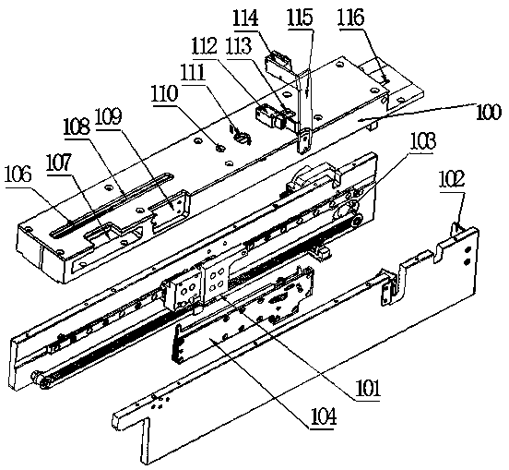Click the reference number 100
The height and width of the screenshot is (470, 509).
pyautogui.click(x=489, y=112)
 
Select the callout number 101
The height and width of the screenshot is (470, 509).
pyautogui.click(x=367, y=388)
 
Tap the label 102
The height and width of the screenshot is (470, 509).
pyautogui.click(x=452, y=179)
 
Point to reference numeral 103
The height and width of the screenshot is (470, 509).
pyautogui.click(x=422, y=141)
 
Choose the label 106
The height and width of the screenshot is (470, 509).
pyautogui.click(x=18, y=174)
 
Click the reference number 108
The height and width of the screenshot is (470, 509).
pyautogui.click(x=77, y=127)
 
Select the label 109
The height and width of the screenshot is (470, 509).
pyautogui.click(x=108, y=116)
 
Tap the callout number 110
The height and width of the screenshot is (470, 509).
pyautogui.click(x=164, y=93)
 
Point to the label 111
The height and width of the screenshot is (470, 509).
pyautogui.click(x=194, y=72)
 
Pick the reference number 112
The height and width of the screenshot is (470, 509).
pyautogui.click(x=204, y=45)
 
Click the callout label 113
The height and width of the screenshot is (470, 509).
pyautogui.click(x=239, y=45)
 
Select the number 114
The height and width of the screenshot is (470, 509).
pyautogui.click(x=245, y=18)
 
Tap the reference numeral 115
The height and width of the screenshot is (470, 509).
pyautogui.click(x=301, y=18)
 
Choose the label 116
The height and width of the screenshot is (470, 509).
pyautogui.click(x=352, y=18)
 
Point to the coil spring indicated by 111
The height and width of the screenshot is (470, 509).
pyautogui.click(x=241, y=136)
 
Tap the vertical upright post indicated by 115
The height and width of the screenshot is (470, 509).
pyautogui.click(x=304, y=111)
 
